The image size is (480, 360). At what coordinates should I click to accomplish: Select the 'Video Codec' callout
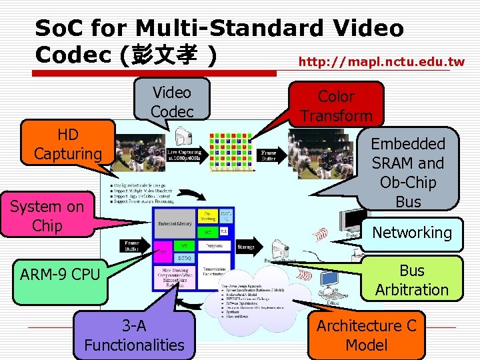tap(171, 102)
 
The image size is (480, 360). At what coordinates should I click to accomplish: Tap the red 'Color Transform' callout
tap(336, 105)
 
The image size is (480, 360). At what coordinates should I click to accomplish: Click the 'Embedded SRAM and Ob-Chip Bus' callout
tap(408, 172)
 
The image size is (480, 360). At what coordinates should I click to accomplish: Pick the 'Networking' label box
tap(411, 233)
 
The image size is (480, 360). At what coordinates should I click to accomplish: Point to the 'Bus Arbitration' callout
tap(411, 280)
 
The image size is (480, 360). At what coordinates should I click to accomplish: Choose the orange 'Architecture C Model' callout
tap(366, 335)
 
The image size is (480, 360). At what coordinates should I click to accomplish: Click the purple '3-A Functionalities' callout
tap(134, 335)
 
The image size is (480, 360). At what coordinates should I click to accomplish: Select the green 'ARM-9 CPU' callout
tap(60, 274)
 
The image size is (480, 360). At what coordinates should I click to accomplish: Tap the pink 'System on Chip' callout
tap(47, 216)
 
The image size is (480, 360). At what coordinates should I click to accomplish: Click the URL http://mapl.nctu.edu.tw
tap(381, 62)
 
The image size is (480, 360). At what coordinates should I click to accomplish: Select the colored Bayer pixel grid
tap(230, 152)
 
